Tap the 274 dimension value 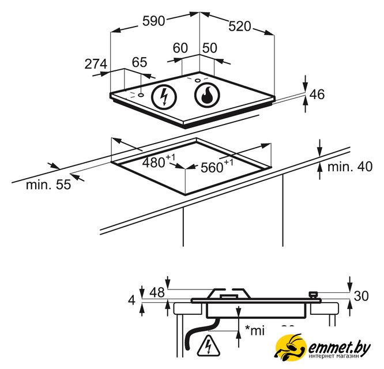96,64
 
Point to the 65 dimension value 140,62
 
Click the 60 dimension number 180,48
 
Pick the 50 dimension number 209,48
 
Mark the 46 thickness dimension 318,95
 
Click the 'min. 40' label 350,167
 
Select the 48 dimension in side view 157,292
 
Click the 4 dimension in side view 132,300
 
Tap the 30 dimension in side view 361,296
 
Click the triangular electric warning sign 206,346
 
